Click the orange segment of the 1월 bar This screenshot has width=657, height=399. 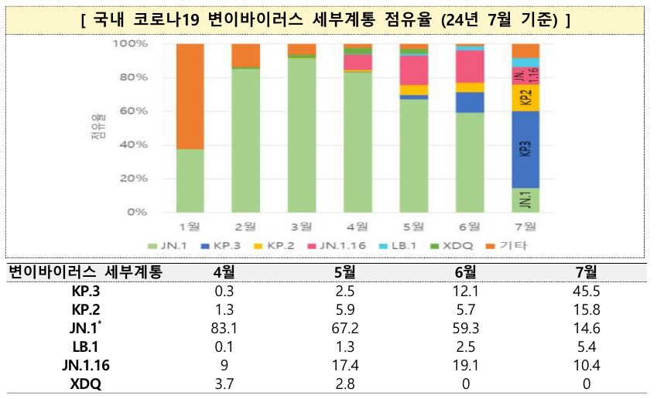[190, 96]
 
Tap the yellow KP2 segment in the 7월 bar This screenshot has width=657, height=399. [525, 97]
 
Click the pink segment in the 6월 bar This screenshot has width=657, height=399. [469, 66]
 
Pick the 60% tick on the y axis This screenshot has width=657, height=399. [132, 111]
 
